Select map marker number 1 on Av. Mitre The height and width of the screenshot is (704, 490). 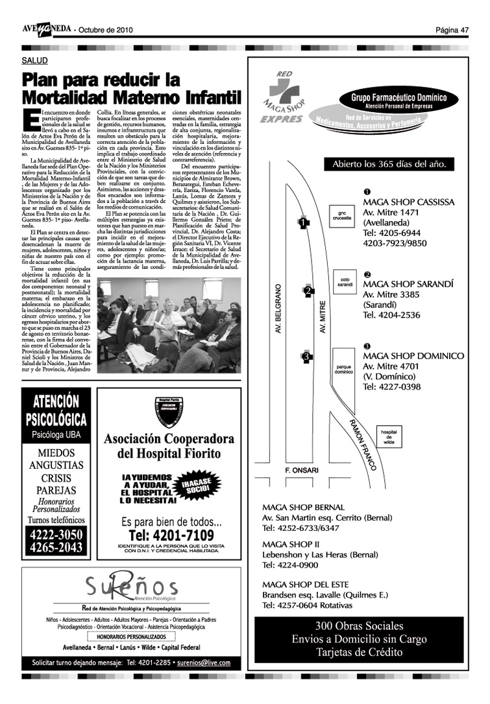[x=303, y=223]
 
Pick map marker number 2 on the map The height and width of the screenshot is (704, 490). [x=308, y=290]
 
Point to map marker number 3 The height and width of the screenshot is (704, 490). [x=306, y=356]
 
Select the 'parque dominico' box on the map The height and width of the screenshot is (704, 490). [x=343, y=370]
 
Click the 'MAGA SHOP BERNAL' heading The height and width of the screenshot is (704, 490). [x=303, y=507]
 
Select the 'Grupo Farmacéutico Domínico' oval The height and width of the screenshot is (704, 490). [x=399, y=101]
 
